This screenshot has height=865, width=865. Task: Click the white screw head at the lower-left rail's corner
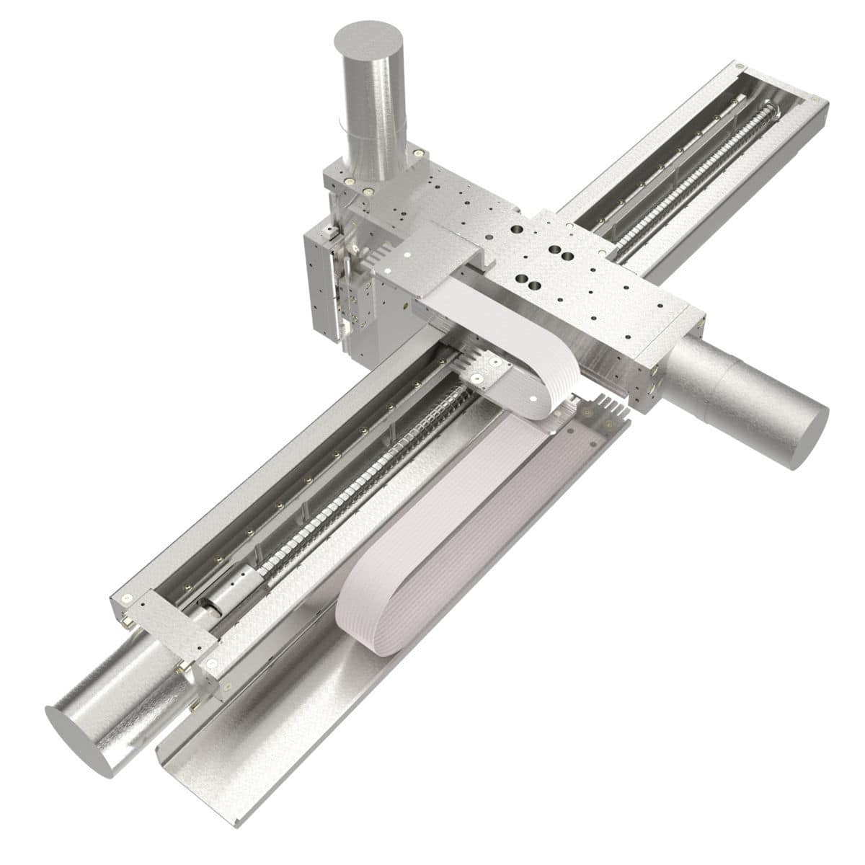click(127, 598)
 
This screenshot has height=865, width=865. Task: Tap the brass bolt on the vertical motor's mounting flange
click(416, 153)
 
